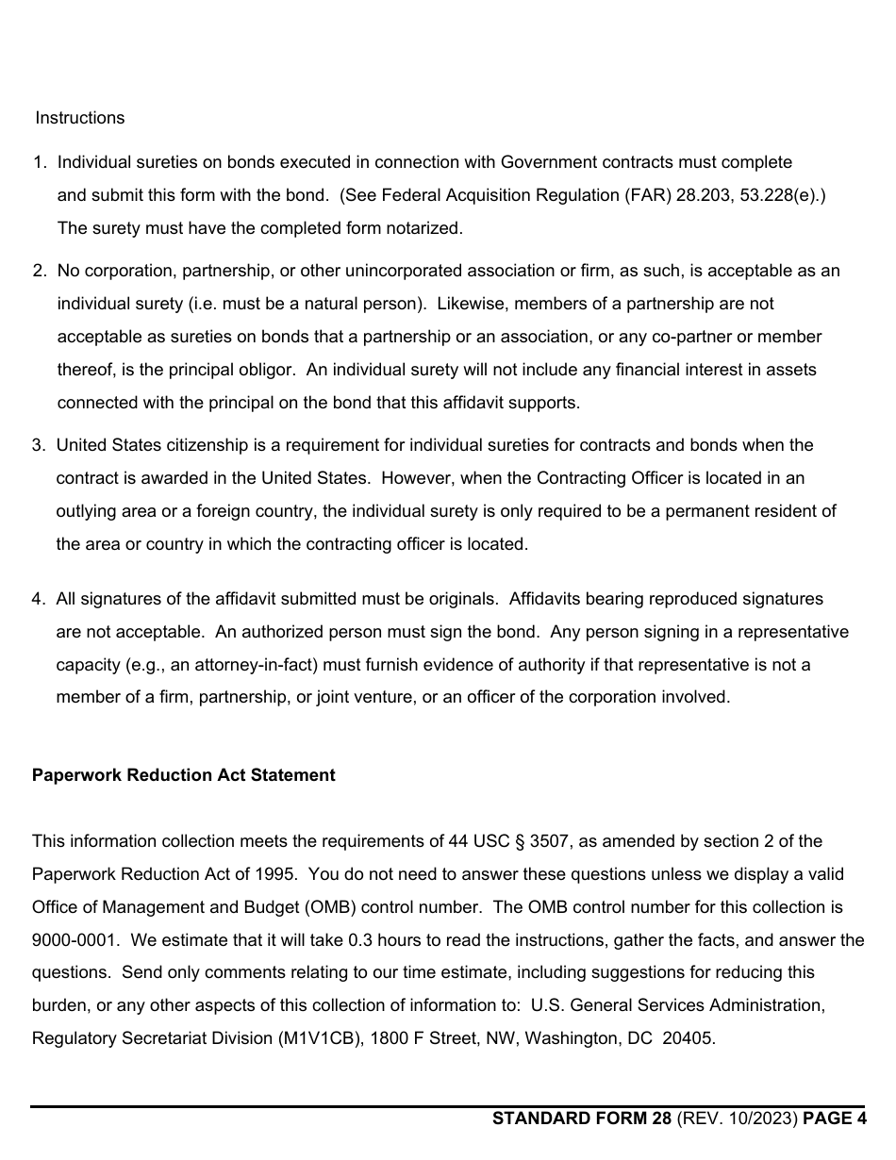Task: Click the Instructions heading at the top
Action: [79, 118]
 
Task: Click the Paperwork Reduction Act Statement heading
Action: [183, 775]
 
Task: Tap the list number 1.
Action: [39, 162]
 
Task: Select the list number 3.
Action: [38, 445]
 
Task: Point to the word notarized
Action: [423, 228]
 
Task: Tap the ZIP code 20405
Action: [689, 1039]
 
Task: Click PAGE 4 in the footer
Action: [834, 1119]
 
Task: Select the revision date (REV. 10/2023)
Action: [737, 1119]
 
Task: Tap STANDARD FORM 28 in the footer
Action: [582, 1119]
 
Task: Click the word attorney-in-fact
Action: [245, 665]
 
